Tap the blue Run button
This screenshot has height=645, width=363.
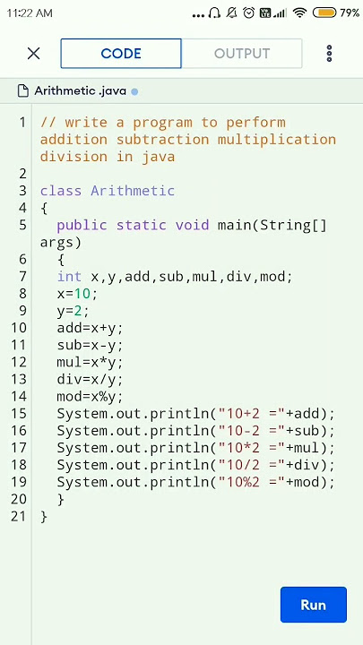(313, 605)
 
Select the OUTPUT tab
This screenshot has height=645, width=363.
(242, 54)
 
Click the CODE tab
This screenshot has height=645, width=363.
(121, 54)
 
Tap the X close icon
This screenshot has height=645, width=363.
(33, 54)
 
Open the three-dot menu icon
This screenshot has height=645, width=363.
(329, 54)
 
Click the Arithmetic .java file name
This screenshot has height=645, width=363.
(81, 90)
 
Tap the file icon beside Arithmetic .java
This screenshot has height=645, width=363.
(23, 90)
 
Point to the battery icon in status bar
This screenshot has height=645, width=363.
(324, 13)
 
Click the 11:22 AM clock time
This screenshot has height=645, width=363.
(30, 13)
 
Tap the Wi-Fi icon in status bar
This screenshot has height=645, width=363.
(300, 13)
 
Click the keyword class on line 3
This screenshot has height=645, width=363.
(61, 191)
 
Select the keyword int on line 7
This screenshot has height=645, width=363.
(69, 277)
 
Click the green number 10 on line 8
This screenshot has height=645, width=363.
(82, 294)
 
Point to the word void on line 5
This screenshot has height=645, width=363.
(192, 225)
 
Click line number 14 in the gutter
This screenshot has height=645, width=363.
(19, 397)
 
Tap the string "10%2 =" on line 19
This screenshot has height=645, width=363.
(247, 482)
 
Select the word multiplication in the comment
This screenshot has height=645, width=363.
(277, 140)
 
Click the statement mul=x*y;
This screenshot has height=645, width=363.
(90, 363)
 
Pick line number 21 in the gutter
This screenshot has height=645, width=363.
(19, 516)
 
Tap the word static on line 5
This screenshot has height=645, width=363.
(142, 225)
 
